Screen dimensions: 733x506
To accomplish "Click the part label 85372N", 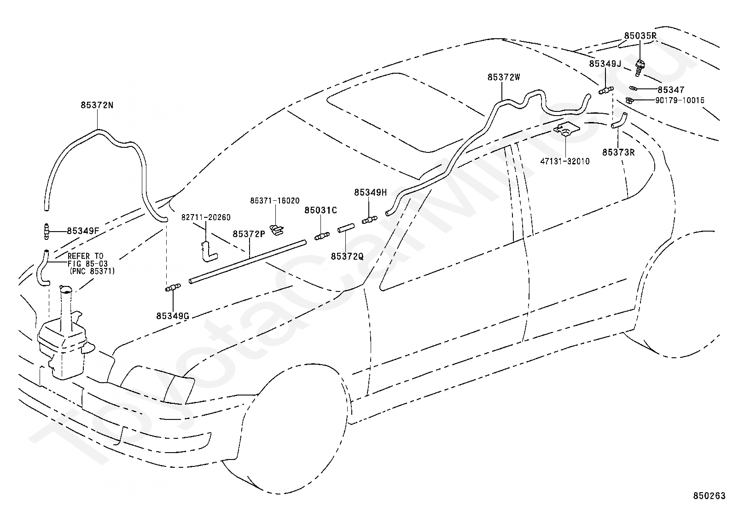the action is (x=97, y=105).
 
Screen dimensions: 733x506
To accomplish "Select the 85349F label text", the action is (x=83, y=231).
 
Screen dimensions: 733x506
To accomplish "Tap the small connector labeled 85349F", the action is (x=47, y=232).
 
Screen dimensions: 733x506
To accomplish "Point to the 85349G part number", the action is (x=173, y=316).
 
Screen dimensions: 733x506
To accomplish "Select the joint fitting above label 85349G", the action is (x=173, y=287).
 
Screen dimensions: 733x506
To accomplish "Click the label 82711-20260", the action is (x=206, y=217).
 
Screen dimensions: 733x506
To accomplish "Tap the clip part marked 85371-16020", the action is (x=277, y=230).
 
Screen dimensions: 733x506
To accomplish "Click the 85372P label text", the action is (x=249, y=234).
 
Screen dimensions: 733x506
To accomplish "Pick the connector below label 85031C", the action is (x=322, y=236).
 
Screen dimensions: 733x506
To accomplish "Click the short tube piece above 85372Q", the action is (x=346, y=228).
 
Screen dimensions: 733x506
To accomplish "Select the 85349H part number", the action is (x=370, y=192).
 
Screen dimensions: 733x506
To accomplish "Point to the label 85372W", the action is (x=504, y=77).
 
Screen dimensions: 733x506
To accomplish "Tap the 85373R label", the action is (x=618, y=152).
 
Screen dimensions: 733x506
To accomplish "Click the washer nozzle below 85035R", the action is (x=640, y=68).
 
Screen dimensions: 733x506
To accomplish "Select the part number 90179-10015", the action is (x=680, y=100).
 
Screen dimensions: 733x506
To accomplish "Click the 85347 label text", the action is (x=671, y=90).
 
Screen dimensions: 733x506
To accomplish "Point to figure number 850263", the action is (x=709, y=496).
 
